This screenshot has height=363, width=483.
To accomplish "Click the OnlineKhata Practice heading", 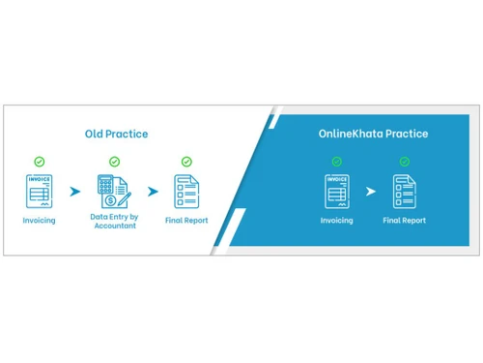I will [x=373, y=133].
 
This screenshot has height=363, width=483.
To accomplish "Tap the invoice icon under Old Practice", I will [x=40, y=191].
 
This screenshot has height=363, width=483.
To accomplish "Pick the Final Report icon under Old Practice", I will [x=186, y=191].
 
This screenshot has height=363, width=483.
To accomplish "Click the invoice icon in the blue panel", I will [x=337, y=191].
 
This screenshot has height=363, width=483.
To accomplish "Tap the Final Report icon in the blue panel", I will [x=404, y=191].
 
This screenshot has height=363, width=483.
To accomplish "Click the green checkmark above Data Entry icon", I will [x=114, y=162].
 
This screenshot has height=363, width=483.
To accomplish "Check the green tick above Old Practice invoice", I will [x=40, y=162].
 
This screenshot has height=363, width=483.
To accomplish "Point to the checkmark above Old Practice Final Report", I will [x=186, y=162].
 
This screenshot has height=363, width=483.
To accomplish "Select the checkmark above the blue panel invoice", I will [x=337, y=162].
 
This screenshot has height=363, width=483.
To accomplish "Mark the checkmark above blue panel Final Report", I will [x=404, y=162].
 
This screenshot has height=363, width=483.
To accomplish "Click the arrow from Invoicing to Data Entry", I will [x=75, y=192].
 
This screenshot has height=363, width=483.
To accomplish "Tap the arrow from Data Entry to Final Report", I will [x=152, y=192].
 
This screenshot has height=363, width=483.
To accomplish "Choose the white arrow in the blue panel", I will [x=370, y=192].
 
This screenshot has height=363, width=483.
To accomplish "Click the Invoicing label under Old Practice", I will [x=40, y=221].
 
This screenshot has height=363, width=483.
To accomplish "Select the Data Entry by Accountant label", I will [x=114, y=222].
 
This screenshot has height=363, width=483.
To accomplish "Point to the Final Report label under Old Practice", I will [x=186, y=221].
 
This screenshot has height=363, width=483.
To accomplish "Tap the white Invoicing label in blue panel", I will [x=337, y=221].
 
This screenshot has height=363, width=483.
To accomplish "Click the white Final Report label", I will [x=404, y=221].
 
